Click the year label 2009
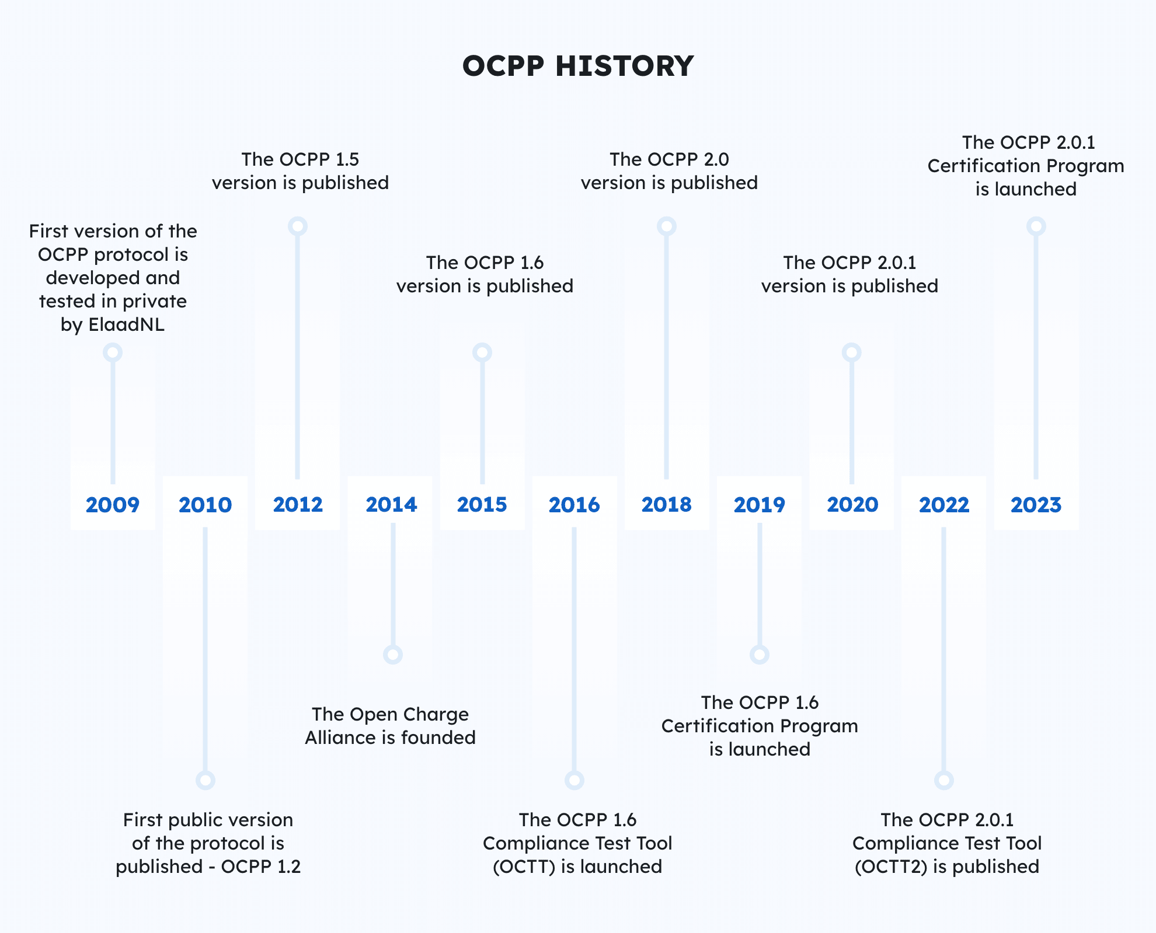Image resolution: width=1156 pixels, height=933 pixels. point(113,505)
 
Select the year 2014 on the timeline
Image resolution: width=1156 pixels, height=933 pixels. point(391,505)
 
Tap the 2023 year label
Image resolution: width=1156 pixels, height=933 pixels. point(1036,505)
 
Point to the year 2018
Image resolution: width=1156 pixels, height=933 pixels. point(666,505)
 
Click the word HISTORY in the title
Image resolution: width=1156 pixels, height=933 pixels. point(624,66)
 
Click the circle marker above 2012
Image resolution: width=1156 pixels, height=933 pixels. point(298,226)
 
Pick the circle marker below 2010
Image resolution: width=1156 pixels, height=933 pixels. point(206,780)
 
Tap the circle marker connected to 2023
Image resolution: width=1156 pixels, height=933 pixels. point(1036,226)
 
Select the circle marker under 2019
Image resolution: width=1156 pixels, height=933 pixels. point(760,655)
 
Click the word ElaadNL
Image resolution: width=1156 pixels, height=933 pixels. point(126,324)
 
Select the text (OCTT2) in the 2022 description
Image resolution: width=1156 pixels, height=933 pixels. point(891,866)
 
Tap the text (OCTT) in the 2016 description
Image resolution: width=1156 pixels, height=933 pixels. point(524,866)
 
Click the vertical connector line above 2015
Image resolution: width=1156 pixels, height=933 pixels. point(482,420)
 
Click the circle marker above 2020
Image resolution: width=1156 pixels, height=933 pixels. point(852,352)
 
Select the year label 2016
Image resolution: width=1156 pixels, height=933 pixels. point(574,505)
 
